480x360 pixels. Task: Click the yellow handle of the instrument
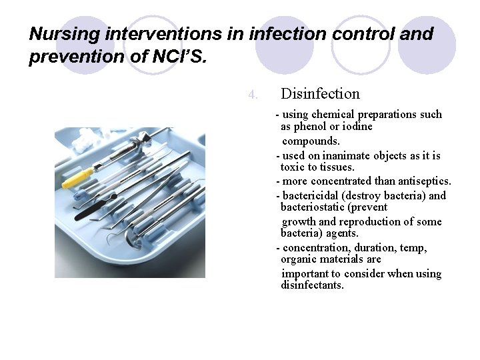pyautogui.click(x=77, y=178)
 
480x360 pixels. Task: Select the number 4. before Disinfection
pyautogui.click(x=253, y=95)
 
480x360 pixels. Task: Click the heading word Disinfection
pyautogui.click(x=320, y=94)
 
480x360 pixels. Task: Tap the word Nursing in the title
pyautogui.click(x=57, y=33)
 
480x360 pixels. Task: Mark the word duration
pyautogui.click(x=376, y=248)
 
